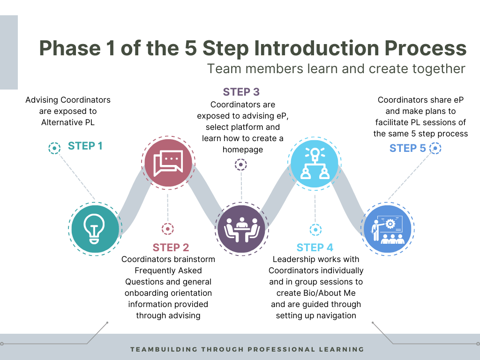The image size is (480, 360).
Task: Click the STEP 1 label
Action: pyautogui.click(x=85, y=146)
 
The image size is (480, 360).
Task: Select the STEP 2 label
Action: pyautogui.click(x=171, y=247)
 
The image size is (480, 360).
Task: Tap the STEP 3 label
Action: pyautogui.click(x=241, y=92)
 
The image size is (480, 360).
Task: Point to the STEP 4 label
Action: pyautogui.click(x=315, y=247)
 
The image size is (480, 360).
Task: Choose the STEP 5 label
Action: pyautogui.click(x=408, y=149)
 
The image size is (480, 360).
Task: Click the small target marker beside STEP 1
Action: pyautogui.click(x=54, y=149)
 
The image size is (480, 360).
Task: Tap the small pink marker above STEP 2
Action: pyautogui.click(x=167, y=229)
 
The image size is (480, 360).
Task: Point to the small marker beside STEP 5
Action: pyautogui.click(x=435, y=149)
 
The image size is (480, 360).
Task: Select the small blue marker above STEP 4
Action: pyautogui.click(x=315, y=230)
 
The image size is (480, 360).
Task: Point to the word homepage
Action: pyautogui.click(x=241, y=150)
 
